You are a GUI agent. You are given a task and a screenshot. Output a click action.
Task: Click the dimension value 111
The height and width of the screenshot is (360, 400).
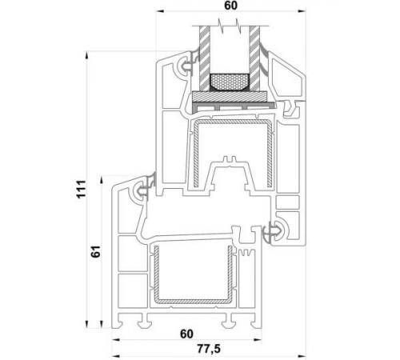(x=82, y=189)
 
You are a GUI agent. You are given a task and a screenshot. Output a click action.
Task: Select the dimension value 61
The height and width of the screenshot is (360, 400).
(x=96, y=251)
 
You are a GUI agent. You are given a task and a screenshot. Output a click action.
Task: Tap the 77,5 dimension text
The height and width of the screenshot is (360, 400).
(x=209, y=349)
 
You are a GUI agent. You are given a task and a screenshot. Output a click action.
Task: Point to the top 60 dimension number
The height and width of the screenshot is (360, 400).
(x=231, y=6)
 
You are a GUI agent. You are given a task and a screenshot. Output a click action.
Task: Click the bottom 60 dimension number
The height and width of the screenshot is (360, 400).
(x=186, y=334)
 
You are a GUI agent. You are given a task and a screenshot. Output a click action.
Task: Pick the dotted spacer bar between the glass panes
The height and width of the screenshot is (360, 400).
(x=230, y=82)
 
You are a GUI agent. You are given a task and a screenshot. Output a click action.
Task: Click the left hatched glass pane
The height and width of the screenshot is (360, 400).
(x=204, y=58)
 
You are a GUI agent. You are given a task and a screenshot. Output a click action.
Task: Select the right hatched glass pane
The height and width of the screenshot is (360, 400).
(x=254, y=58)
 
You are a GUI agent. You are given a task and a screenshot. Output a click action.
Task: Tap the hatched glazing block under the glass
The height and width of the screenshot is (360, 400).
(x=230, y=96)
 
